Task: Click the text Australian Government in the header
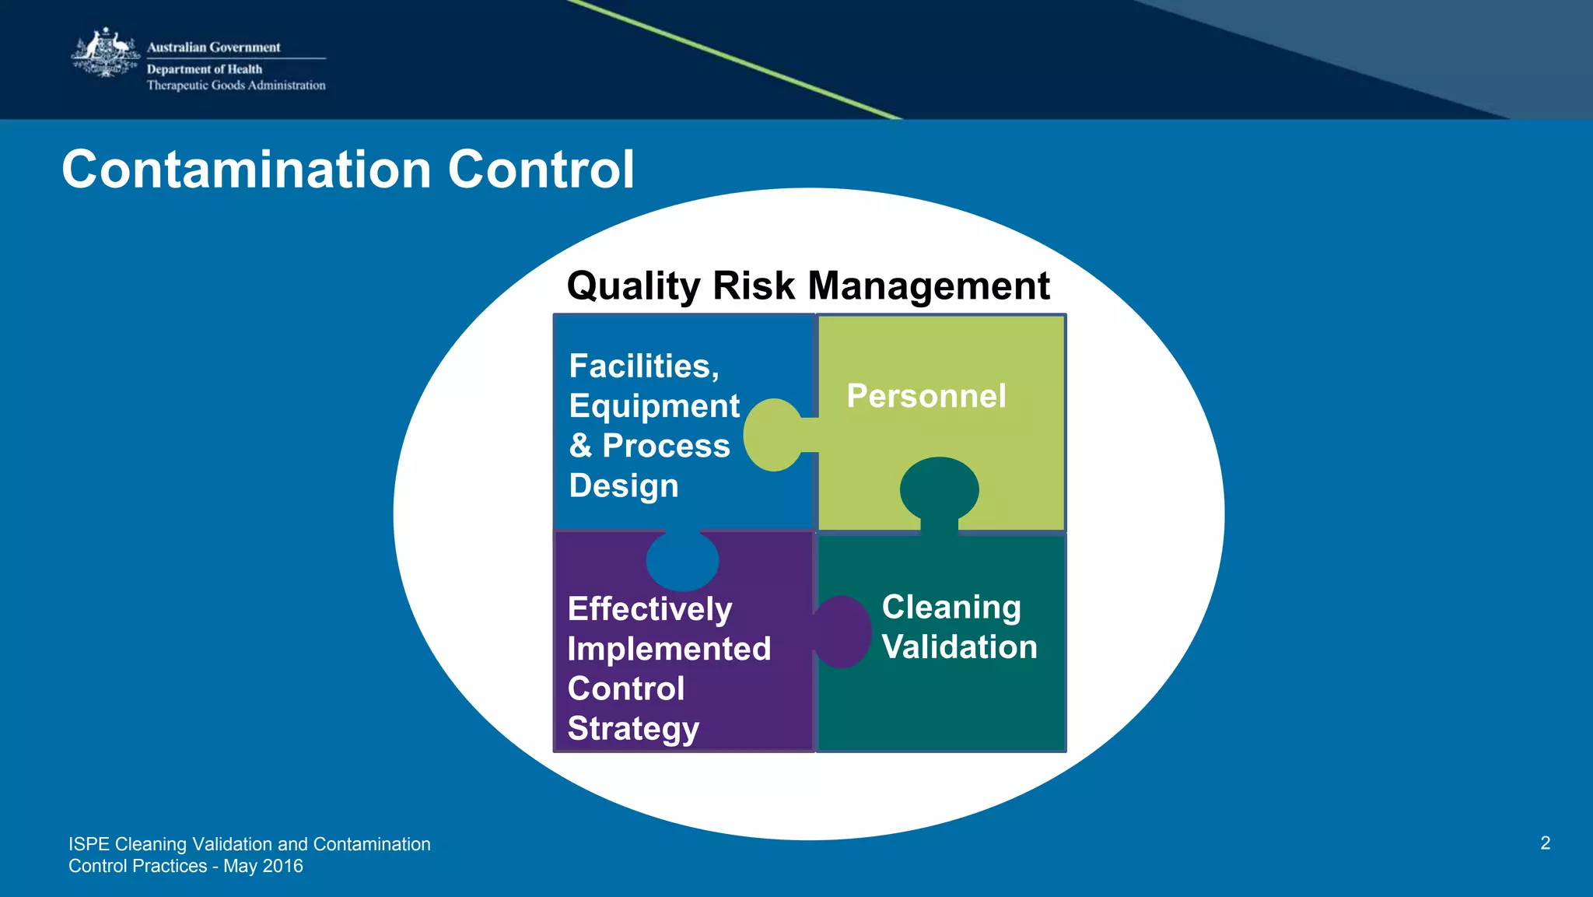[x=213, y=47]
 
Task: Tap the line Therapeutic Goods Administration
[x=236, y=86]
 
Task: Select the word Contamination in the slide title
[x=246, y=170]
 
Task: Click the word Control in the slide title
[x=541, y=170]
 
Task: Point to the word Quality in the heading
[x=633, y=286]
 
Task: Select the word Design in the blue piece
[x=623, y=486]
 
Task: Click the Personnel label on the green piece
[x=926, y=396]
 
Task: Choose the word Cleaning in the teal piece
[x=951, y=608]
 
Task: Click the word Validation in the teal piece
[x=959, y=647]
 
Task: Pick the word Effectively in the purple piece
[x=649, y=609]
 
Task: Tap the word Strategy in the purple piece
[x=632, y=729]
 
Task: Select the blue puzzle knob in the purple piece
[x=682, y=561]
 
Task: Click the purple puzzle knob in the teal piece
[x=842, y=632]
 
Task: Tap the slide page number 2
[x=1545, y=843]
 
